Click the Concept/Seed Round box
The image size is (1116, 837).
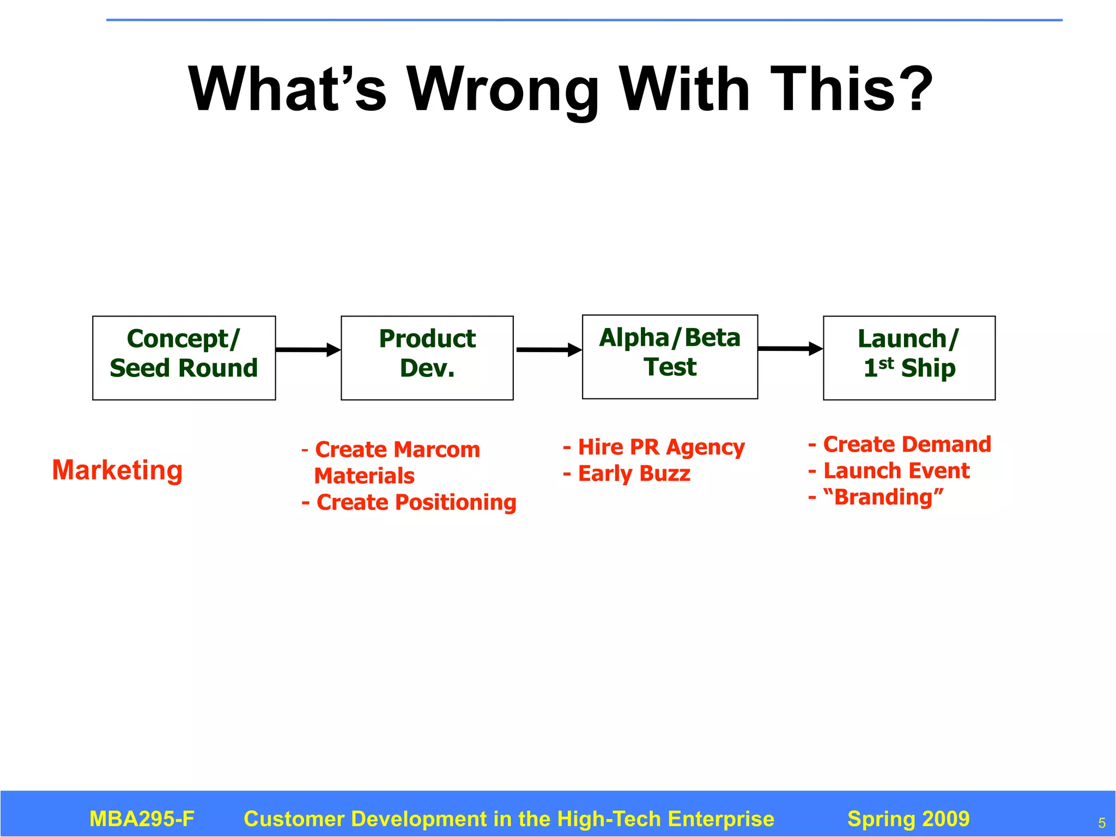184,357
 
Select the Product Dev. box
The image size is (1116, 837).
427,357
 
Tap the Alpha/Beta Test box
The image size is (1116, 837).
670,356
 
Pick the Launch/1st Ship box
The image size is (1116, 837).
909,357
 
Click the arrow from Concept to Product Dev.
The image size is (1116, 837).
308,350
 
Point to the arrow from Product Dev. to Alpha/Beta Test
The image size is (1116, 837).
548,350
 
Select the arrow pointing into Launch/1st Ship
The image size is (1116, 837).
790,349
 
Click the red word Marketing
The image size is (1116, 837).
117,470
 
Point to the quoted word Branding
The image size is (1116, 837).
883,497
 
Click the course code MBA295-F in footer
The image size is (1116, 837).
142,818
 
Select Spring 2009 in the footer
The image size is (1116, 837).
908,818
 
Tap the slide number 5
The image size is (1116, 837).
1101,823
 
